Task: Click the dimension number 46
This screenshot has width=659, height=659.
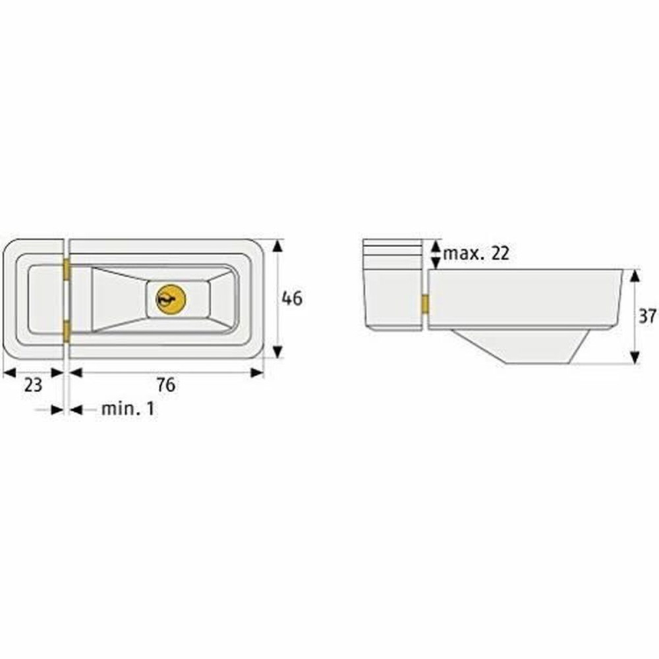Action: pos(292,299)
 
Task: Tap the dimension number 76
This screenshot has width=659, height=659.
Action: pos(167,385)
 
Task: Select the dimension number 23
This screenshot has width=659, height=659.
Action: pos(33,385)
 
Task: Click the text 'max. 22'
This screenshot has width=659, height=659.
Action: pos(476,253)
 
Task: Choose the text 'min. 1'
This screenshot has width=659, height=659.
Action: pos(128,409)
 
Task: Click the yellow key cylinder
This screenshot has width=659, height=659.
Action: pos(171,300)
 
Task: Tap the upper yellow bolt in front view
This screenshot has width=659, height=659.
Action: pos(67,270)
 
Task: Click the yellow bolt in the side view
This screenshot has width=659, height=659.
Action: pos(425,304)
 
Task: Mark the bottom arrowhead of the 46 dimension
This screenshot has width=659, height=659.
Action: pos(277,352)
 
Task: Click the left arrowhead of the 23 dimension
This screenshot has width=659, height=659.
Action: pos(9,373)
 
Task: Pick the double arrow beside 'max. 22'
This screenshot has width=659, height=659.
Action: pos(435,254)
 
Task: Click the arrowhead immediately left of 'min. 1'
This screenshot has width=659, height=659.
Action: pos(76,410)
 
